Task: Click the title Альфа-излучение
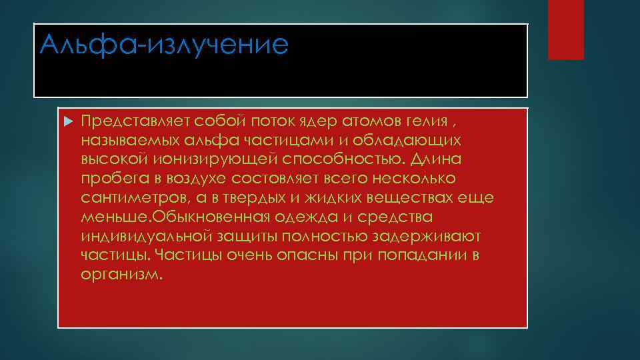tap(164, 45)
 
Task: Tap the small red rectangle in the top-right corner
tap(565, 30)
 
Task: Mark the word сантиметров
tap(133, 198)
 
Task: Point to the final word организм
tap(120, 275)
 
